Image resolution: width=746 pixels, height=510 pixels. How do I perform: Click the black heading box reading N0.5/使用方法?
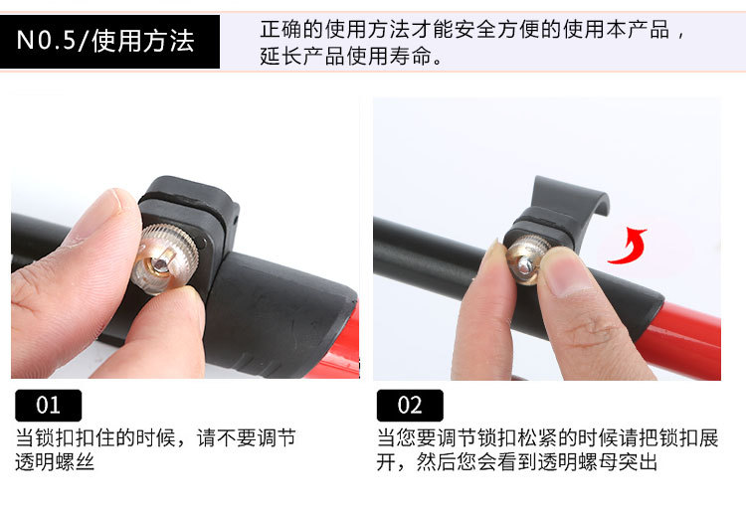(x=109, y=42)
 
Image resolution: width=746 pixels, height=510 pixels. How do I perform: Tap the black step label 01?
(x=49, y=406)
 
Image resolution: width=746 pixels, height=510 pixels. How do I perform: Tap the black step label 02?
(x=410, y=406)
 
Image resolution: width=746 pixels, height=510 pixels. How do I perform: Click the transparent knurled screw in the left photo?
(x=164, y=258)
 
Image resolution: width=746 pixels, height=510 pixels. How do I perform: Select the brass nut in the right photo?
(x=526, y=260)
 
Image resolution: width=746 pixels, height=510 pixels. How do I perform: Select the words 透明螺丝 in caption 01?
(x=55, y=462)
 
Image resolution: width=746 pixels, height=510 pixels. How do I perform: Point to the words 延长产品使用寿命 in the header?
(x=346, y=56)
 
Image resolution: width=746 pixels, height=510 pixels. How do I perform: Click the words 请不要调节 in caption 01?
(x=247, y=437)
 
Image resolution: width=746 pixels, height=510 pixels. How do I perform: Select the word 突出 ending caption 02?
(x=638, y=462)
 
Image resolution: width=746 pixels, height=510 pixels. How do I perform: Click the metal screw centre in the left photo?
(x=161, y=262)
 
